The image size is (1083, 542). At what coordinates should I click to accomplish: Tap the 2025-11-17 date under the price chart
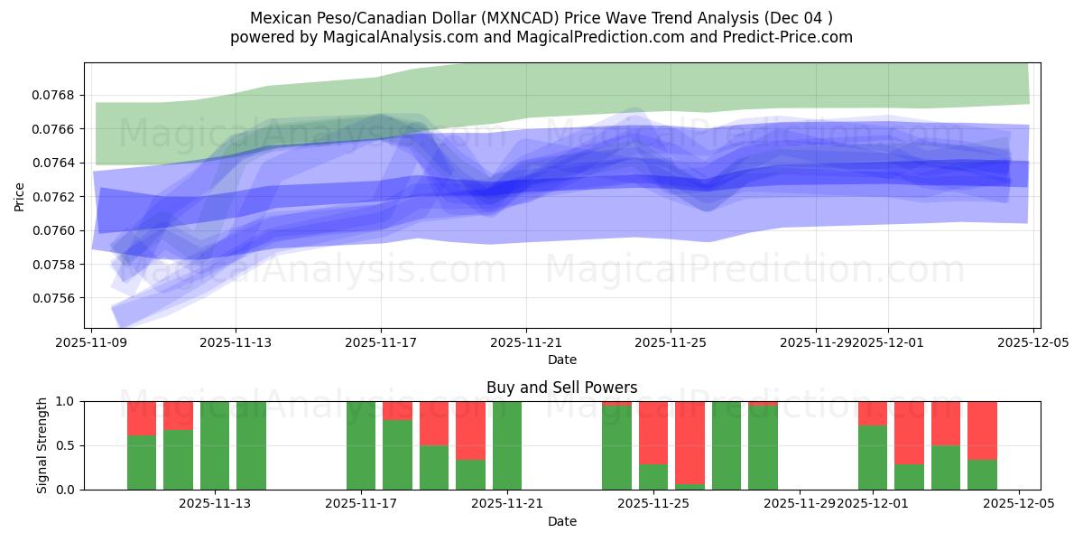[381, 342]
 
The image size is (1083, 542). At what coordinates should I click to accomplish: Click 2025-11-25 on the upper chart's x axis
[671, 342]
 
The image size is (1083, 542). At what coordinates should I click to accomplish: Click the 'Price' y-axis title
[20, 195]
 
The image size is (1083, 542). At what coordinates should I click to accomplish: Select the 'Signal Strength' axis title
[42, 445]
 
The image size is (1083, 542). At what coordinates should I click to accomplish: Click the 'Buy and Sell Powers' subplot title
[561, 388]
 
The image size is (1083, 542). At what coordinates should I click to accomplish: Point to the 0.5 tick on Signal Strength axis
[69, 445]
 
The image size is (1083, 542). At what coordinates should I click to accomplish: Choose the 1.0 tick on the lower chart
[69, 401]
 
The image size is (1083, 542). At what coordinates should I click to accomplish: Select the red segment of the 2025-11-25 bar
[653, 432]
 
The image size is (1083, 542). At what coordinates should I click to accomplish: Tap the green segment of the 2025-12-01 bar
[873, 457]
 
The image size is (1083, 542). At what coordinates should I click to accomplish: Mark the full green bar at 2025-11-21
[507, 445]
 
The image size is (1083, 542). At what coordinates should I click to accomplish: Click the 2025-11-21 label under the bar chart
[507, 503]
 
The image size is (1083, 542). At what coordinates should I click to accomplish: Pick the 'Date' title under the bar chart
[561, 521]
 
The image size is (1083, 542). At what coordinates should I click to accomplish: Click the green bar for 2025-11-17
[361, 445]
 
